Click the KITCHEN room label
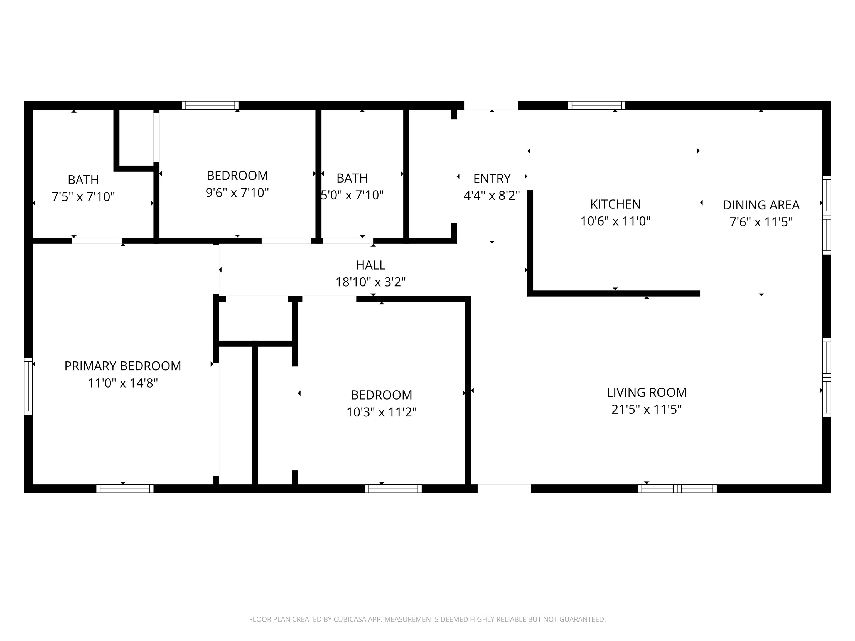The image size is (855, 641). tap(615, 204)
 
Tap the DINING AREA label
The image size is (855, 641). tap(761, 205)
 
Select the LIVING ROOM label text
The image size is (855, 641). tap(647, 393)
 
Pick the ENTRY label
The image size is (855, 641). tap(492, 179)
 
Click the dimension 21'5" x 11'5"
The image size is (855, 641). tap(647, 409)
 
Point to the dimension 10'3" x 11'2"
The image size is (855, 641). tap(382, 412)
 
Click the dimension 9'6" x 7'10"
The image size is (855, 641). tap(237, 193)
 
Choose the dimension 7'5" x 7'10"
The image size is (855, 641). tap(83, 197)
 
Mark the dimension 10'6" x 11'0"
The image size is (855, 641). tap(615, 221)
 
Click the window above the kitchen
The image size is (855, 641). tap(597, 105)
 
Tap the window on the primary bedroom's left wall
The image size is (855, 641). tap(28, 386)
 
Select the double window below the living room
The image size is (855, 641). tap(677, 488)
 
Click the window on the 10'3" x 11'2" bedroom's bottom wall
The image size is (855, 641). tap(394, 488)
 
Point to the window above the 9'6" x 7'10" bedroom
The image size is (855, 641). tap(210, 105)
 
